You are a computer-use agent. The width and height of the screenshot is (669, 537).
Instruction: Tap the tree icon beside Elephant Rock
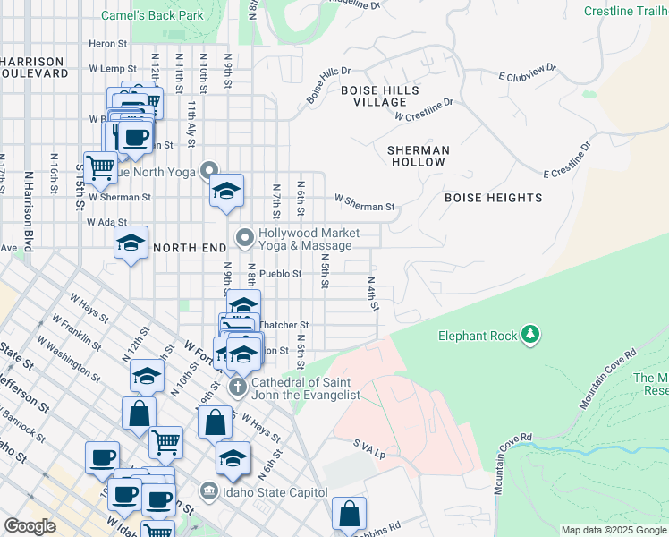(532, 335)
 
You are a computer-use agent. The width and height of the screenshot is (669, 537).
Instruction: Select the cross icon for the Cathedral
(237, 388)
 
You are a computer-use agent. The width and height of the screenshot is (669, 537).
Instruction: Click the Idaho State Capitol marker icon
(208, 490)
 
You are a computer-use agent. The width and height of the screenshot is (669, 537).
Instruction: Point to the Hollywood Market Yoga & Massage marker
(244, 238)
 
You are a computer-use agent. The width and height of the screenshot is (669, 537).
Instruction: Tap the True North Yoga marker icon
(209, 169)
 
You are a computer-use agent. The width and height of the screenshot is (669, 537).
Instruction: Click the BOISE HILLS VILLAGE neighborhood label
(380, 96)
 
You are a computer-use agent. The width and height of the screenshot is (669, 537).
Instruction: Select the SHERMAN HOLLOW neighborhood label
(418, 156)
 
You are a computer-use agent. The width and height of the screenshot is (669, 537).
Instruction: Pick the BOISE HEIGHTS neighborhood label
(493, 197)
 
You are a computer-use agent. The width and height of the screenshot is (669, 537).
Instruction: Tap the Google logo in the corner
(30, 526)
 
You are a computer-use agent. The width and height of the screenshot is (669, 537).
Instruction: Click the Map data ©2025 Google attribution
(613, 530)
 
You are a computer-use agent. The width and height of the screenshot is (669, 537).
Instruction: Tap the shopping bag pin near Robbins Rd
(349, 514)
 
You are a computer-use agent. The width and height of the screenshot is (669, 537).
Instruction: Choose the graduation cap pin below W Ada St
(131, 243)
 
